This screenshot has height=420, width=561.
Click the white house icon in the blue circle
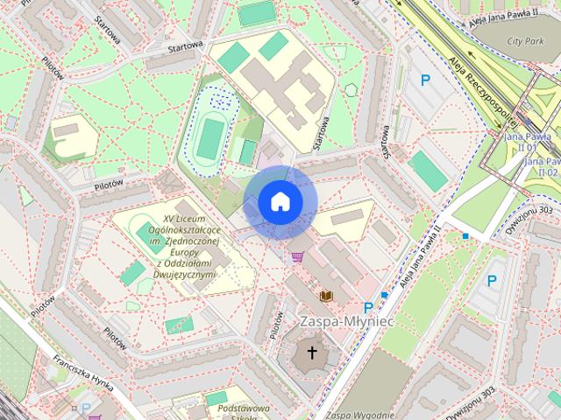pyautogui.click(x=280, y=201)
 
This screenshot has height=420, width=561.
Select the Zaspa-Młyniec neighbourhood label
pyautogui.click(x=346, y=322)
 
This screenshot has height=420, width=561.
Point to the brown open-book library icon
pyautogui.click(x=326, y=297)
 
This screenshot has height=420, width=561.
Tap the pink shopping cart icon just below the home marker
pyautogui.click(x=298, y=257)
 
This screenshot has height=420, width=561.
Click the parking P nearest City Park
pyautogui.click(x=426, y=80)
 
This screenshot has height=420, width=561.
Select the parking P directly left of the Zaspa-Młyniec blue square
pyautogui.click(x=368, y=307)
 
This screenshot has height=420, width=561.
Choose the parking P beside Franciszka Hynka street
pyautogui.click(x=86, y=407)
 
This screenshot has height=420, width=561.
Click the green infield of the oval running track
pyautogui.click(x=209, y=138)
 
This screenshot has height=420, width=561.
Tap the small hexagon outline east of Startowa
pyautogui.click(x=351, y=89)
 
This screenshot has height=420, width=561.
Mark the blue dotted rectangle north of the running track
pyautogui.click(x=220, y=101)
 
